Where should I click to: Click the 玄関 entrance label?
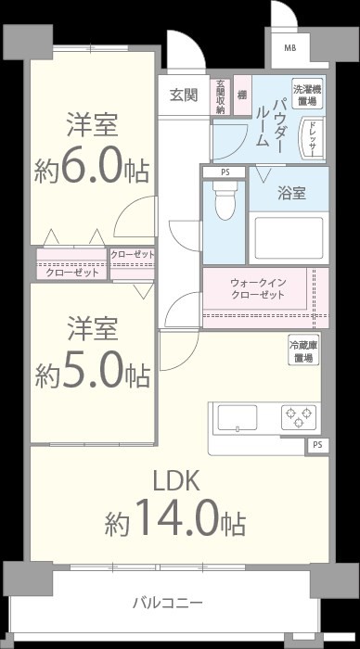point(184,95)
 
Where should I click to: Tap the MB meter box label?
point(290,48)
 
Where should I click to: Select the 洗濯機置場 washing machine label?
point(306,94)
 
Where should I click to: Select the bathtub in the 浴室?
point(288,237)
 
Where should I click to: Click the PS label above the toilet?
point(224,172)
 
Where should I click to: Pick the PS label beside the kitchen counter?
point(317,446)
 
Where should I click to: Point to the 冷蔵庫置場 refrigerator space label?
point(302,350)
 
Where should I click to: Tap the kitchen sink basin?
point(238,417)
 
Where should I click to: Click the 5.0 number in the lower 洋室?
point(92,370)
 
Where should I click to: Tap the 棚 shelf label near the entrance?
point(242,95)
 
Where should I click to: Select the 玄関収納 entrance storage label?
point(221,96)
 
